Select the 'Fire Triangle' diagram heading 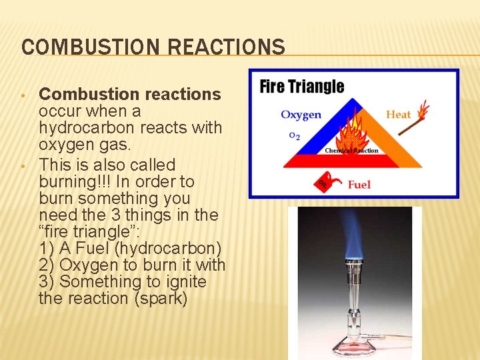301,87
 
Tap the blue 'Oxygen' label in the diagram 301,115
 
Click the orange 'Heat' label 398,114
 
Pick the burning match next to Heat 422,110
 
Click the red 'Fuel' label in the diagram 359,184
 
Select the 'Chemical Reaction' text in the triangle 351,151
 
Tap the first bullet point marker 25,95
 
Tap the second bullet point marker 25,165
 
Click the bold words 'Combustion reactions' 130,95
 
